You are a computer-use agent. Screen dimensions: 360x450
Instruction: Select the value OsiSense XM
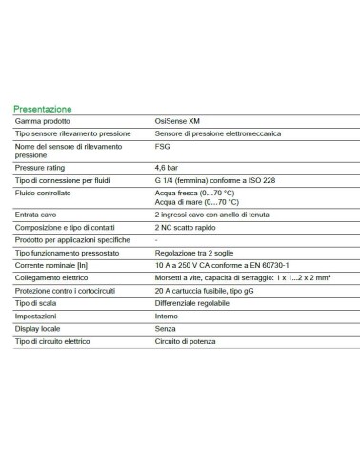pos(178,122)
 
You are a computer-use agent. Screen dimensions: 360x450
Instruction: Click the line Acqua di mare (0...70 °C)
pos(195,202)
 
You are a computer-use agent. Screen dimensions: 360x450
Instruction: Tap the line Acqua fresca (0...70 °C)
pos(194,194)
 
